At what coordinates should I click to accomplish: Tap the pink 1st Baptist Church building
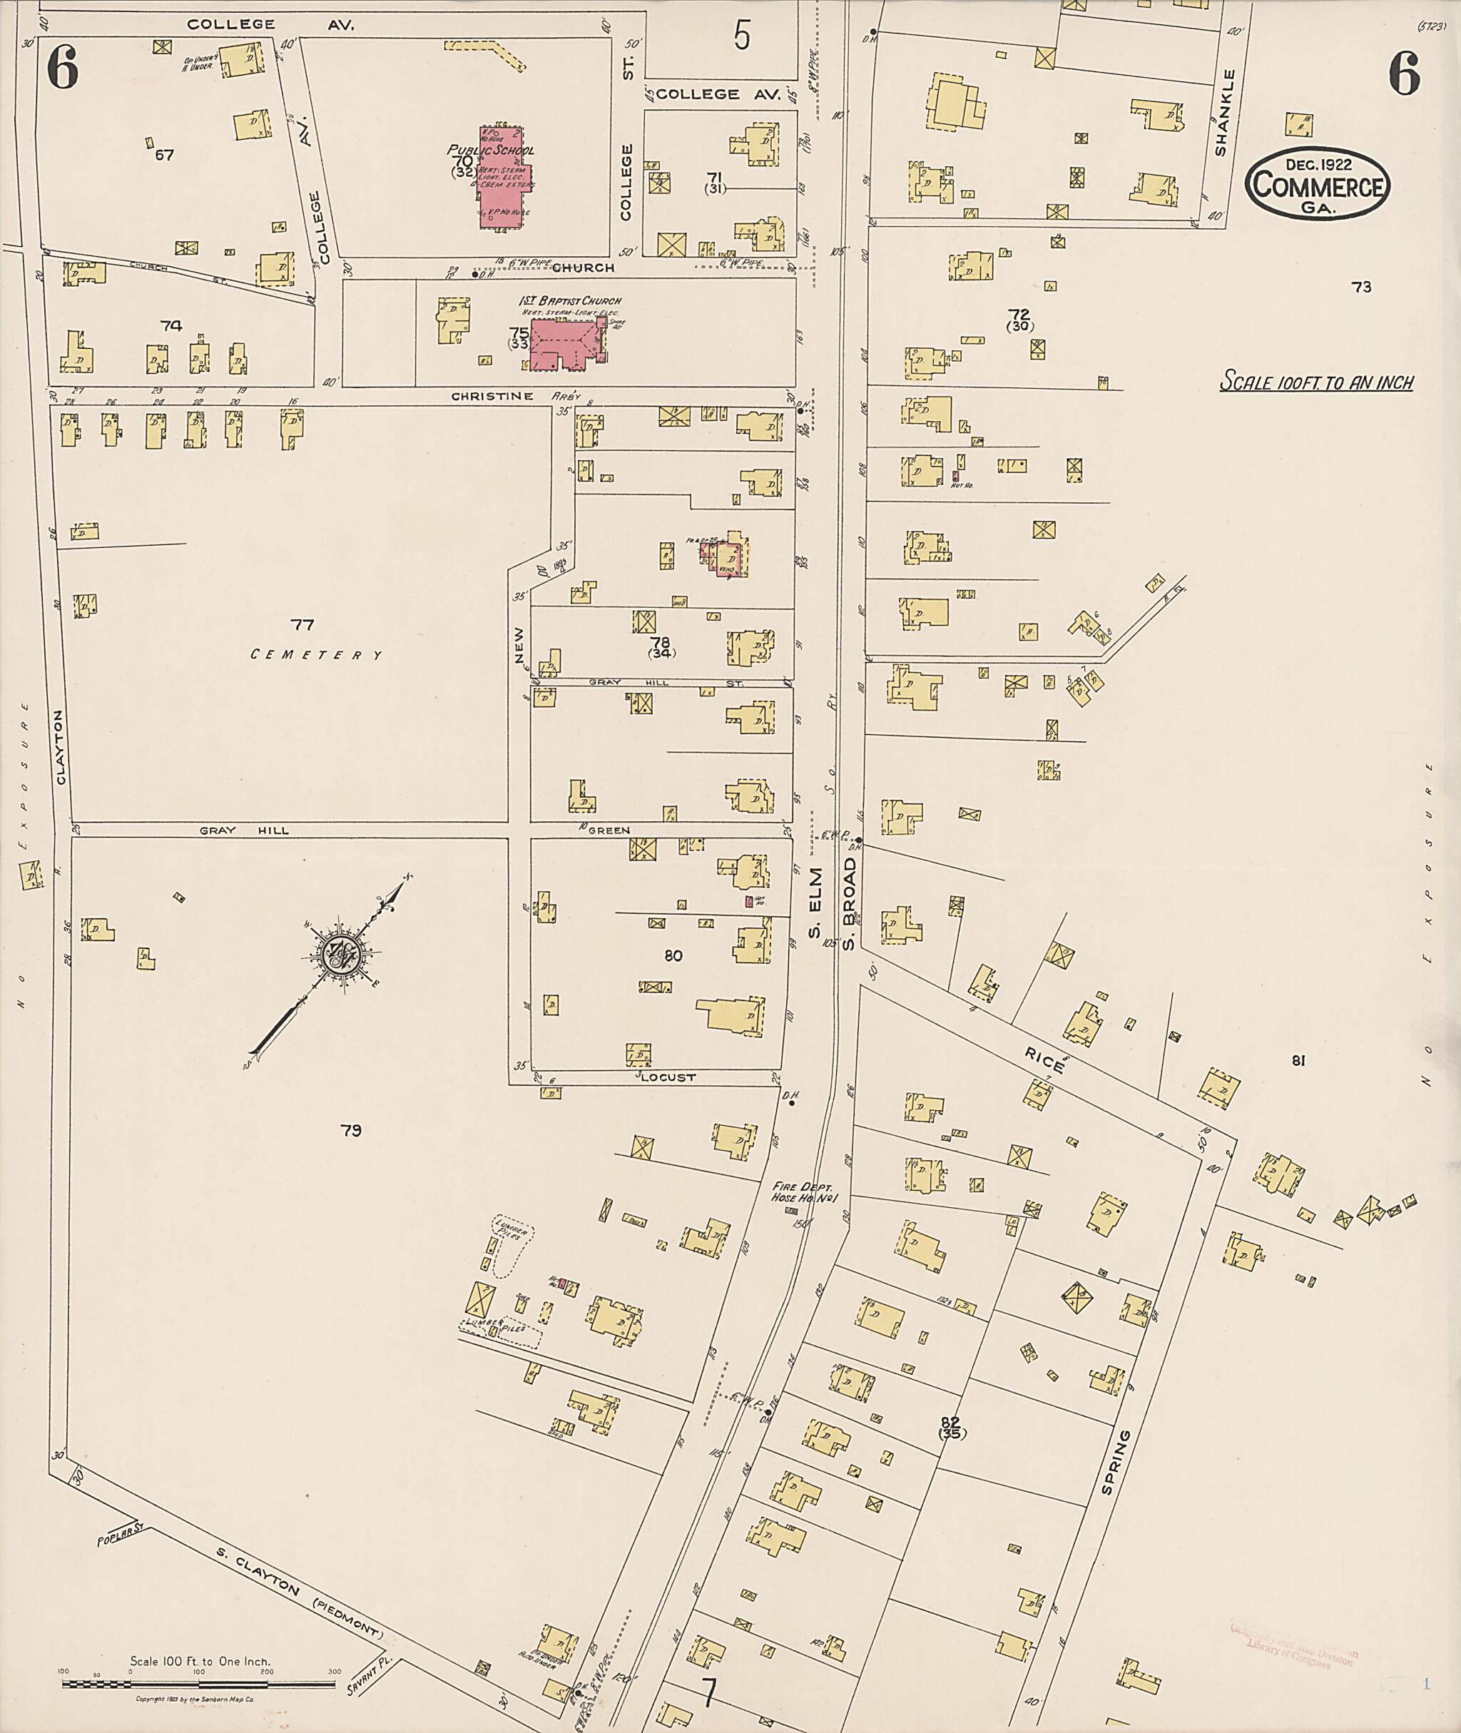pyautogui.click(x=565, y=344)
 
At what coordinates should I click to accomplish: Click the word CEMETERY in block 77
pyautogui.click(x=317, y=655)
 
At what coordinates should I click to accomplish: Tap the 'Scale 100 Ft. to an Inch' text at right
pyautogui.click(x=1317, y=382)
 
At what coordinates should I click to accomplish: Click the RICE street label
pyautogui.click(x=1045, y=1060)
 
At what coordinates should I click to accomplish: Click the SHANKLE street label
pyautogui.click(x=1226, y=113)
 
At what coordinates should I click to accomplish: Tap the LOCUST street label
pyautogui.click(x=671, y=1078)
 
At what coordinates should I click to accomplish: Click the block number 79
pyautogui.click(x=351, y=1130)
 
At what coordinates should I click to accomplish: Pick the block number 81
pyautogui.click(x=1298, y=1060)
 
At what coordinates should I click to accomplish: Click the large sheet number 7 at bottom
pyautogui.click(x=708, y=1693)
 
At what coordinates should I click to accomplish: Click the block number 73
pyautogui.click(x=1362, y=288)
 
